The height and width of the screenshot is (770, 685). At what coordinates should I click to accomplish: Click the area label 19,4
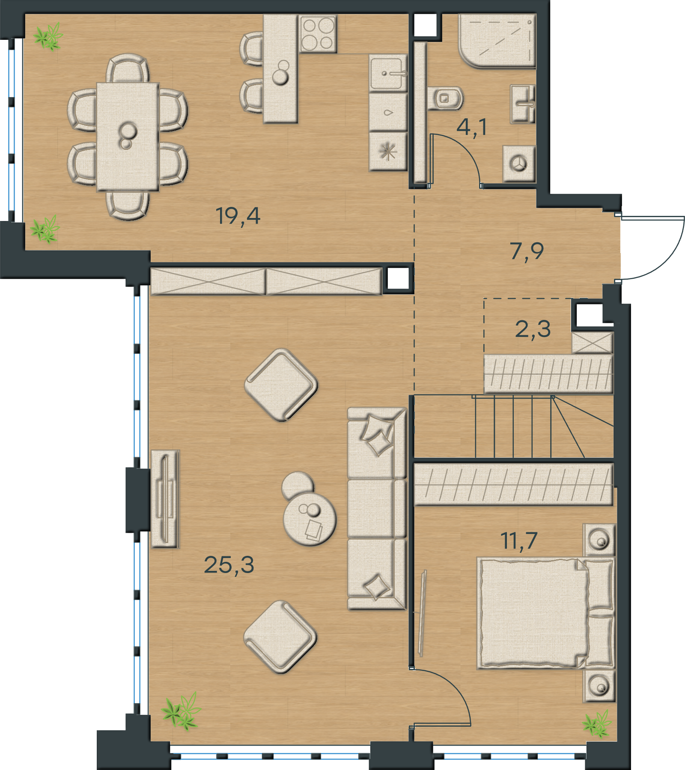238,216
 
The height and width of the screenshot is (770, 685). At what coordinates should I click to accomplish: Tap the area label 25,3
229,565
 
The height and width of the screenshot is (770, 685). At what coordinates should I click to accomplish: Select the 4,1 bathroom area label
472,127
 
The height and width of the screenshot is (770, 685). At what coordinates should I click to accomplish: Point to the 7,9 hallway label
527,251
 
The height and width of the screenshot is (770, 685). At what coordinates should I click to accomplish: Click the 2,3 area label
533,329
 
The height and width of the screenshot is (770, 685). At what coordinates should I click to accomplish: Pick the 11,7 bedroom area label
519,540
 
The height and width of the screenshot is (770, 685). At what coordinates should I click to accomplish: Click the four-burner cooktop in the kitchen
318,34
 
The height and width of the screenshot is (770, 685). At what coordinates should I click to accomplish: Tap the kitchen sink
388,74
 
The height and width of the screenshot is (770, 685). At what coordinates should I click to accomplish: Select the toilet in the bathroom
445,98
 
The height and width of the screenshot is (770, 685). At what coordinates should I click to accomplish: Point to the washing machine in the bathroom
519,164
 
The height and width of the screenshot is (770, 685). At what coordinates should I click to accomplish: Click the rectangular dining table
128,137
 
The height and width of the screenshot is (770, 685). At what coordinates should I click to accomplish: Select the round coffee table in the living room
310,519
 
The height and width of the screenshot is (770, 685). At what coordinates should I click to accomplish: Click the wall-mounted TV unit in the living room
165,499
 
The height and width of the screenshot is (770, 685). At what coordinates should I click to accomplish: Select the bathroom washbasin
523,104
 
